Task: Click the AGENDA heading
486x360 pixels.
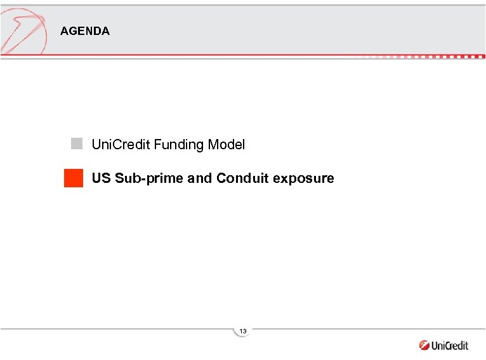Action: click(x=85, y=31)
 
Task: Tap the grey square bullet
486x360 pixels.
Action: click(x=77, y=143)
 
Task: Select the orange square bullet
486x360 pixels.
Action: click(x=74, y=178)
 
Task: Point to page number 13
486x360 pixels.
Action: click(x=243, y=331)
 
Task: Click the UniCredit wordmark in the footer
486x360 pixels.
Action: click(x=450, y=346)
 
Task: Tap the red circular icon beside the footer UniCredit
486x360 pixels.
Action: click(x=424, y=346)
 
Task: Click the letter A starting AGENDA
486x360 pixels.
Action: click(x=64, y=31)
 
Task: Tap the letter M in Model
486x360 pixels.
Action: click(x=214, y=145)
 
